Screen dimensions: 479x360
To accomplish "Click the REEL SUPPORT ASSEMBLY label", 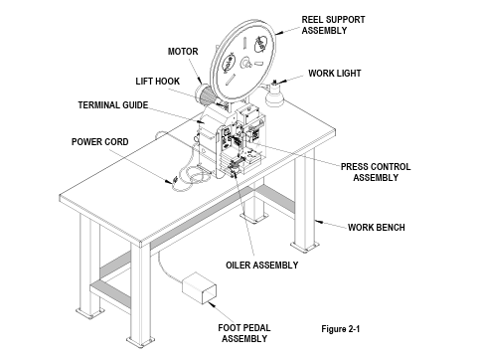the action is click(333, 25).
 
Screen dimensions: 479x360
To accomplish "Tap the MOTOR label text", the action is click(183, 52).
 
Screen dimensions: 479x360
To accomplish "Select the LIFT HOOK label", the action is click(158, 82).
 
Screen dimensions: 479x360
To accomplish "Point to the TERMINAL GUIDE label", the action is click(113, 105).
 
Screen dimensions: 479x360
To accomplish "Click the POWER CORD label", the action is click(100, 142).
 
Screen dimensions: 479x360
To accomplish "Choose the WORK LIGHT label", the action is click(335, 74).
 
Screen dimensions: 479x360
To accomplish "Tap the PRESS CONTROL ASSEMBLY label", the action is click(376, 172).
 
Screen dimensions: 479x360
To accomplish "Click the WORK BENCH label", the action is click(377, 228).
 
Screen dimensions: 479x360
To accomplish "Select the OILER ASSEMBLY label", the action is click(262, 266).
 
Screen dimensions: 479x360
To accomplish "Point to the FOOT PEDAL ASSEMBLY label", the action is click(244, 333).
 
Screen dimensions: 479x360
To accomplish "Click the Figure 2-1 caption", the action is click(341, 329).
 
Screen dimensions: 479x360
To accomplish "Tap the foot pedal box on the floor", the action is click(199, 287).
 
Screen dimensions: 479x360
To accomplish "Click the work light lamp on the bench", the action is click(274, 94).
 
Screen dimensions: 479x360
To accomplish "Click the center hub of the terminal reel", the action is click(246, 62).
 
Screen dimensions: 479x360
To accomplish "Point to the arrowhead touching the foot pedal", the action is click(211, 304).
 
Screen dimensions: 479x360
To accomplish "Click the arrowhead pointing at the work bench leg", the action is click(318, 221).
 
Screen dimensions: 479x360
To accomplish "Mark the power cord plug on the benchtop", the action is click(174, 181).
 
